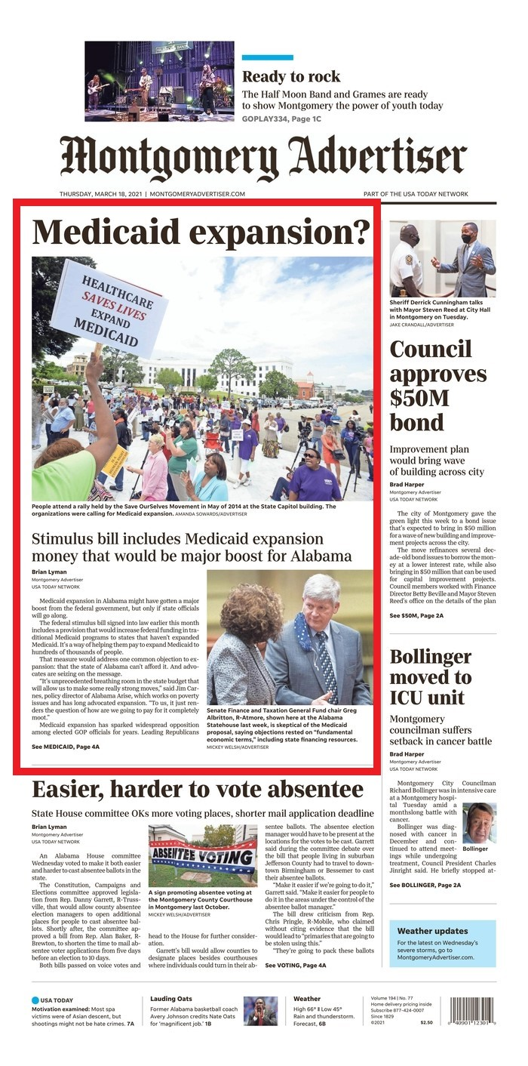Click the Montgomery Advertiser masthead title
(263, 158)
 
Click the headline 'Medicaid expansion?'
(201, 232)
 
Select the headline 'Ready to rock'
(291, 77)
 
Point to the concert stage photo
(159, 81)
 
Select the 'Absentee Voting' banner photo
(202, 855)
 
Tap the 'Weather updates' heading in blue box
(432, 931)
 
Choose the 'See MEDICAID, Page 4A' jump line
(66, 747)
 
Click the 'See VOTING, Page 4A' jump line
(296, 965)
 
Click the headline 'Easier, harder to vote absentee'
(198, 790)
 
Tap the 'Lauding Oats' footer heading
(171, 999)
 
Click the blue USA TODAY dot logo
(35, 1000)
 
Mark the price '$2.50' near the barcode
(426, 1022)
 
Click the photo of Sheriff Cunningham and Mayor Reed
(443, 259)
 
